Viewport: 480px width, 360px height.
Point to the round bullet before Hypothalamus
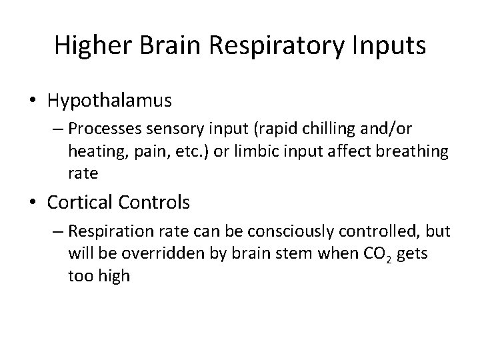tap(34, 101)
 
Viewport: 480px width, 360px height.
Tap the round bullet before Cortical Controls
tap(34, 201)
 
